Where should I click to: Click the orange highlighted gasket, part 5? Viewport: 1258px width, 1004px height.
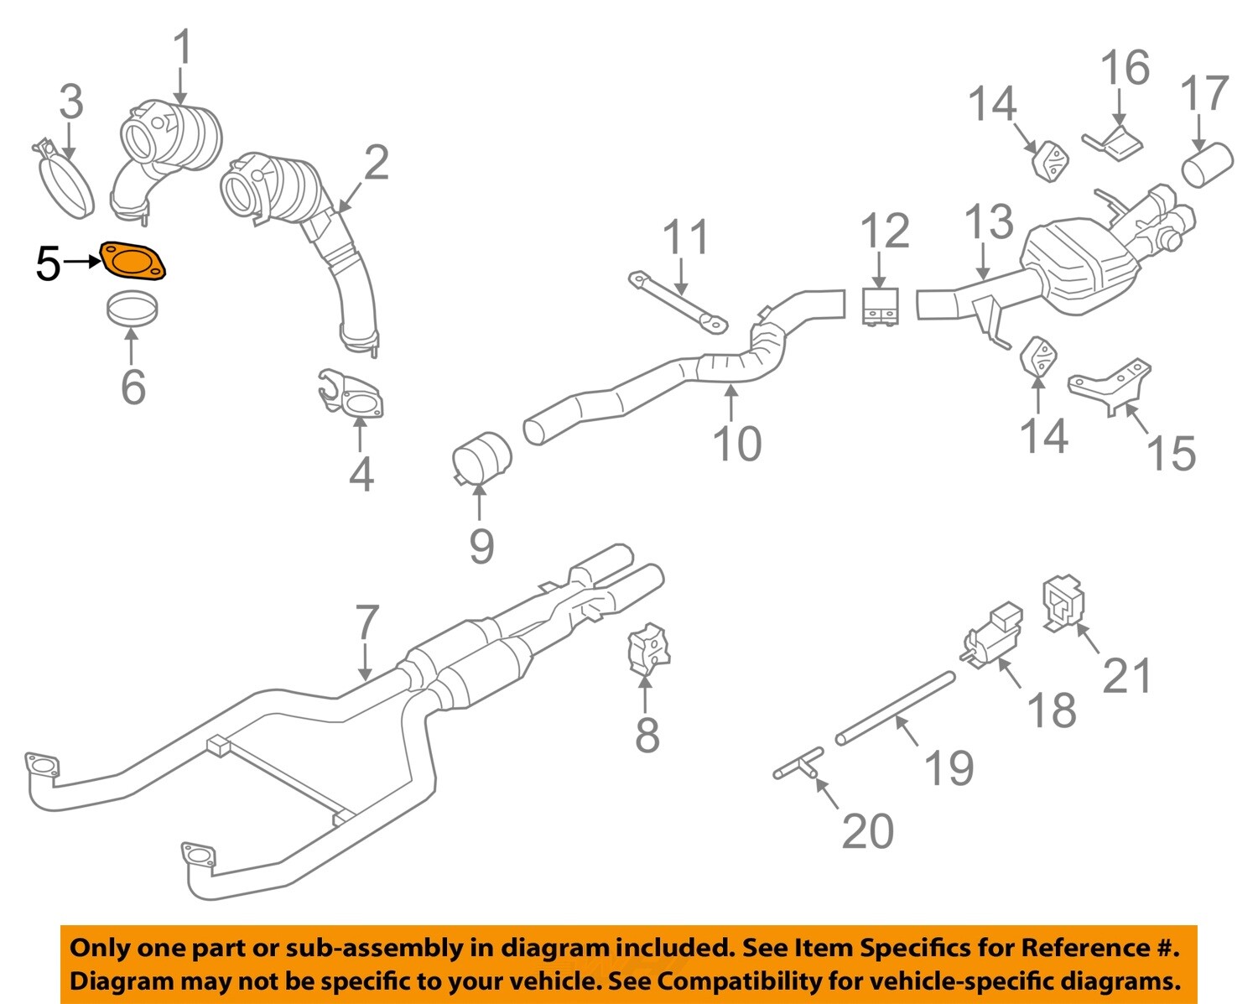[x=133, y=260]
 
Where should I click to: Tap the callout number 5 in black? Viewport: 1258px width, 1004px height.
[x=48, y=264]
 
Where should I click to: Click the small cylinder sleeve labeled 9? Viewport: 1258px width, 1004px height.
[x=482, y=457]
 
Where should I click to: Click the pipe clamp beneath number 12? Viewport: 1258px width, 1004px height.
[x=880, y=306]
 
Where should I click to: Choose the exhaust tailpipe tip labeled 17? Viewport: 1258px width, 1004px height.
[x=1208, y=163]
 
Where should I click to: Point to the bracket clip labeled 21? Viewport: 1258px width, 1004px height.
[x=1063, y=602]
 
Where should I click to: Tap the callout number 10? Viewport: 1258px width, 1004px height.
[x=736, y=444]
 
